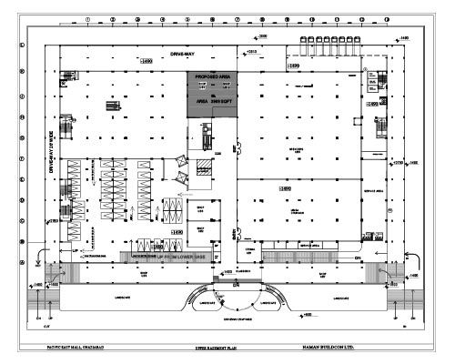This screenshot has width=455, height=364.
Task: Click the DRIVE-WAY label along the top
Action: (184, 55)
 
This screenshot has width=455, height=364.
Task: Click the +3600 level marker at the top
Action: (261, 35)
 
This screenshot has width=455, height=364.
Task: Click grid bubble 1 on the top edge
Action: (86, 18)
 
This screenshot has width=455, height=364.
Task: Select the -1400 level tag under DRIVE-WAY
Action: (144, 61)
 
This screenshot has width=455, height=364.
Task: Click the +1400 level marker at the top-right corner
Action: (403, 35)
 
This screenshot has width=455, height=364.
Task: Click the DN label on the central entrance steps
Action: (236, 285)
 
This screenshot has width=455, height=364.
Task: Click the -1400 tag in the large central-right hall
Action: (285, 188)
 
